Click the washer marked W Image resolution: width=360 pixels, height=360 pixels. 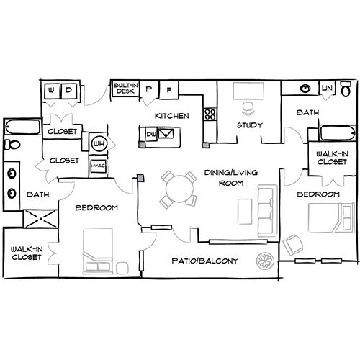53,91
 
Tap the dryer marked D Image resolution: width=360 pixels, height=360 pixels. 68,91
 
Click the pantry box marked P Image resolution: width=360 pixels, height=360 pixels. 149,89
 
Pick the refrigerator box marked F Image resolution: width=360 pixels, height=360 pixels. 168,89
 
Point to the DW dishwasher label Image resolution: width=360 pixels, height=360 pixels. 151,134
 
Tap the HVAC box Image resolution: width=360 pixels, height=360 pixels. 98,165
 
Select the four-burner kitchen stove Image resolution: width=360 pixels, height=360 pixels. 210,114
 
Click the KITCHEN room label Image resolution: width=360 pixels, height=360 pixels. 172,116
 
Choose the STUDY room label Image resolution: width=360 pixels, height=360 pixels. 249,125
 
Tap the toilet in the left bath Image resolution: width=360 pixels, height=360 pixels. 11,145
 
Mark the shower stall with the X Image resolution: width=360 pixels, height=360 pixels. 40,218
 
